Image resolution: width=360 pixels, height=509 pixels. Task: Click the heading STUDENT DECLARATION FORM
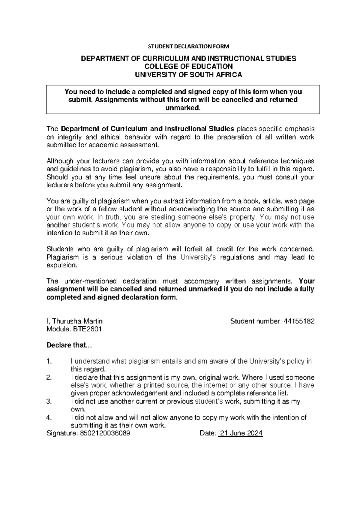[189, 47]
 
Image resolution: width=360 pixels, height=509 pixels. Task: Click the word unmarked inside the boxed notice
[182, 108]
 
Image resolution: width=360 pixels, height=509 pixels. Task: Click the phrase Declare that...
[68, 345]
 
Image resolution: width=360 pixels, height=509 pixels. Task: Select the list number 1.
[49, 361]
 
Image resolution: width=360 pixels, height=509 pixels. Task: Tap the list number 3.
[49, 402]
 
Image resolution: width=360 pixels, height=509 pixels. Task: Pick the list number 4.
[49, 417]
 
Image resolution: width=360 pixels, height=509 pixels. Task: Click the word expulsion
[62, 265]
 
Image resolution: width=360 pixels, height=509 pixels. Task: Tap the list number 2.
[49, 377]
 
